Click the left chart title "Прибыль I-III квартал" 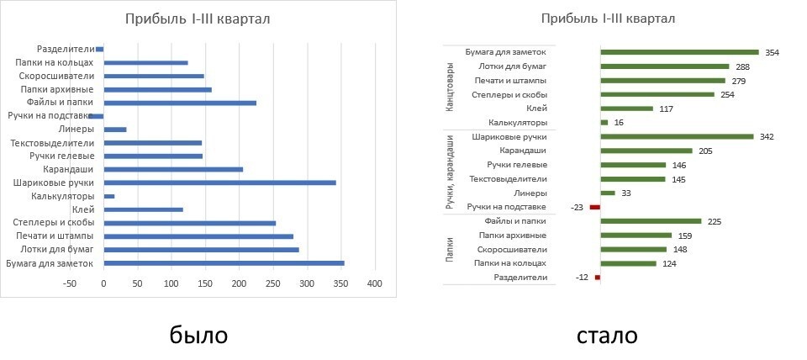point(198,20)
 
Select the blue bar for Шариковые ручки point(219,183)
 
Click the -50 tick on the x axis point(70,283)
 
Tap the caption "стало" point(607,335)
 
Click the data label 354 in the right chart point(772,52)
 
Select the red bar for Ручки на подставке point(595,207)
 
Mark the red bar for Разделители point(598,278)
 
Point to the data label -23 point(577,207)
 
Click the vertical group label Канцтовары point(449,87)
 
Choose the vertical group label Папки point(449,250)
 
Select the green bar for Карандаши point(646,151)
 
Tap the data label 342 point(766,136)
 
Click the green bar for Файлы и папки point(650,221)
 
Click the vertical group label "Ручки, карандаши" point(450,171)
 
